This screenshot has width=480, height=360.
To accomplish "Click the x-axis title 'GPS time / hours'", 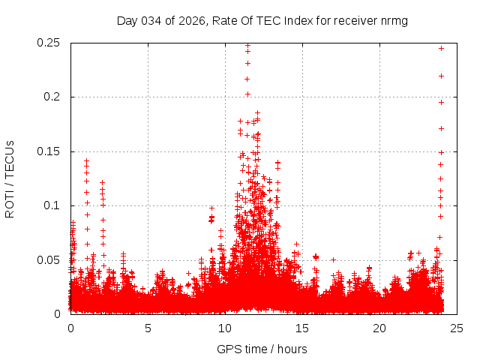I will [x=262, y=349].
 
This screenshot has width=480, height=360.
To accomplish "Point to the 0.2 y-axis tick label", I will [x=52, y=97].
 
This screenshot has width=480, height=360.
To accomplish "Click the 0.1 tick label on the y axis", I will [x=52, y=205].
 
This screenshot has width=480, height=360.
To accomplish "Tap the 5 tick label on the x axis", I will [x=148, y=328].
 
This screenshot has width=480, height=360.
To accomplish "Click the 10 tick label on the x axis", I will [x=225, y=328].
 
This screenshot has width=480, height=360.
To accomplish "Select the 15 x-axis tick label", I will [x=302, y=328].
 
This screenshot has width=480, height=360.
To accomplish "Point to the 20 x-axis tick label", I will [x=379, y=328].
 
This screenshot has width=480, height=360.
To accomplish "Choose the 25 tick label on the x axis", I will [x=456, y=328].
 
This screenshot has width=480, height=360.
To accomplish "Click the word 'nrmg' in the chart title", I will [x=394, y=20].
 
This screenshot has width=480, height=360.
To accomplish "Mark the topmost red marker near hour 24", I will [x=441, y=48].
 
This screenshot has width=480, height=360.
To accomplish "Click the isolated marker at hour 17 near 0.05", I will [x=333, y=259].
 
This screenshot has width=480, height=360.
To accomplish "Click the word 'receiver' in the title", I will [x=356, y=20].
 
